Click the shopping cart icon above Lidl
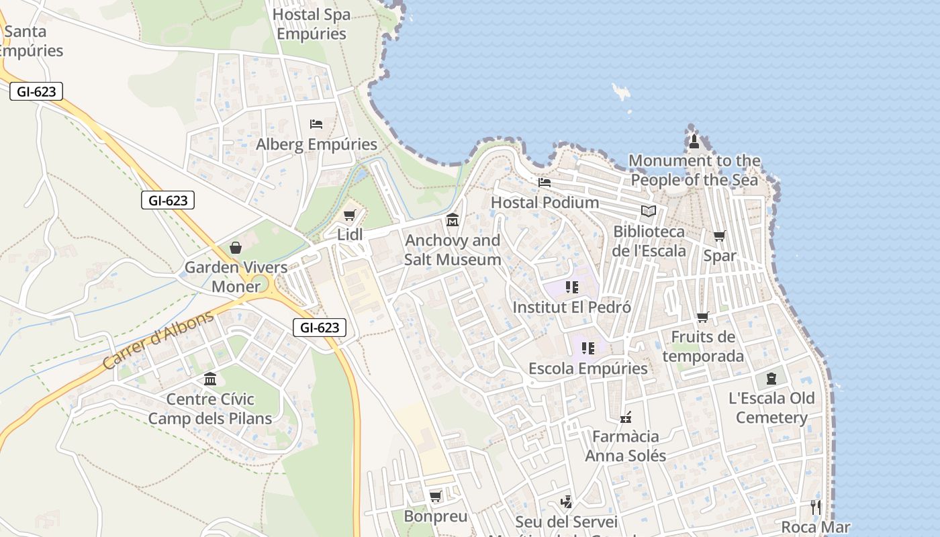(348, 215)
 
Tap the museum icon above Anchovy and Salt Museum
(453, 220)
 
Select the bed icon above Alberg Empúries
(316, 124)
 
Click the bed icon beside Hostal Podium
(545, 182)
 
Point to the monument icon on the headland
(694, 141)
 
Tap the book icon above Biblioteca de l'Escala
(648, 211)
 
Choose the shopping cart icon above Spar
(719, 236)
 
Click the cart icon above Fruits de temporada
(702, 317)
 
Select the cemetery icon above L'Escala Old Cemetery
(771, 379)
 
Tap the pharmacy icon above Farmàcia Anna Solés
(626, 418)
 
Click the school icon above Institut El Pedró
(571, 287)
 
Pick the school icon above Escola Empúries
(588, 348)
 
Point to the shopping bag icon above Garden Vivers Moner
(236, 248)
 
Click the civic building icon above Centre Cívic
(210, 379)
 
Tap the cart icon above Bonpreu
(435, 497)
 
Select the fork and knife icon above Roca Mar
(816, 507)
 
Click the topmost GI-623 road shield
(36, 91)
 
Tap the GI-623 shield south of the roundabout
(320, 328)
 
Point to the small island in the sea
(622, 91)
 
